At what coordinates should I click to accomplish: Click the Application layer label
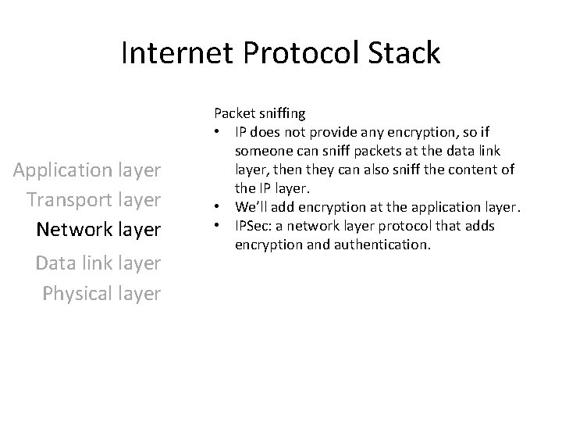[x=87, y=170]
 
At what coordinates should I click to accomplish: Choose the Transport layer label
[x=94, y=199]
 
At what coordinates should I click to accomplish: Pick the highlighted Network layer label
[x=98, y=230]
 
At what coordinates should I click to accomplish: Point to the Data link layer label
[x=98, y=263]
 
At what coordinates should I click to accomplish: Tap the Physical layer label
[x=101, y=293]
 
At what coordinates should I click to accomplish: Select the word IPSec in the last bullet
[x=250, y=226]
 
